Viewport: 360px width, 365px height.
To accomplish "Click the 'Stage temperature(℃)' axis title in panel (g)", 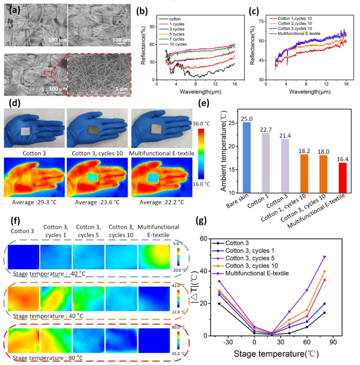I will click(x=287, y=354).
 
